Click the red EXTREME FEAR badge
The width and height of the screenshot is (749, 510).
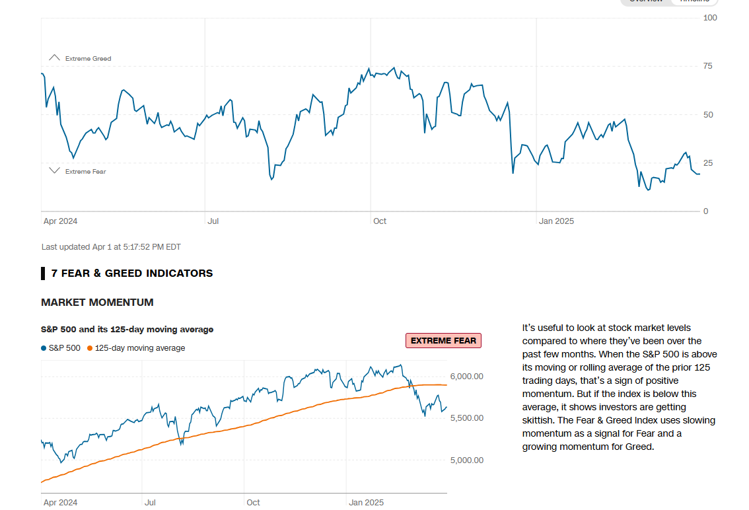click(x=443, y=341)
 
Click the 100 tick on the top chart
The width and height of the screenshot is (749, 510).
click(x=710, y=17)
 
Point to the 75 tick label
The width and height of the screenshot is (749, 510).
click(x=708, y=66)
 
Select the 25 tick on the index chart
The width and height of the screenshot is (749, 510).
click(x=708, y=163)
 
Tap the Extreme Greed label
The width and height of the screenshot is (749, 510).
click(x=88, y=59)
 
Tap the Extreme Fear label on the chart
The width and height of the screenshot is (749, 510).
click(x=85, y=172)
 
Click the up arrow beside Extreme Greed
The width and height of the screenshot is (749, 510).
click(x=55, y=58)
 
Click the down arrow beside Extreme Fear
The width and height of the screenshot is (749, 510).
click(x=55, y=171)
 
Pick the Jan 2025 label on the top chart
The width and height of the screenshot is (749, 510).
click(x=556, y=221)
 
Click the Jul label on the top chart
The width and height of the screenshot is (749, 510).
click(x=213, y=221)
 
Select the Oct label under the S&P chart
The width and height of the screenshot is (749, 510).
click(x=253, y=503)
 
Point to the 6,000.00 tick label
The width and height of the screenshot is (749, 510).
click(x=466, y=377)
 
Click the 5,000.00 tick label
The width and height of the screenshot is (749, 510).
click(x=466, y=460)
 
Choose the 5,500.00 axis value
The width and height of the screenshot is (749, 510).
click(x=466, y=418)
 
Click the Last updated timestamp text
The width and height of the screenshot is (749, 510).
click(x=111, y=247)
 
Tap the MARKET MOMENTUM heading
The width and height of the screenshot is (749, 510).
click(x=97, y=303)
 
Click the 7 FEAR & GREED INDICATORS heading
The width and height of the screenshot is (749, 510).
click(x=131, y=273)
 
